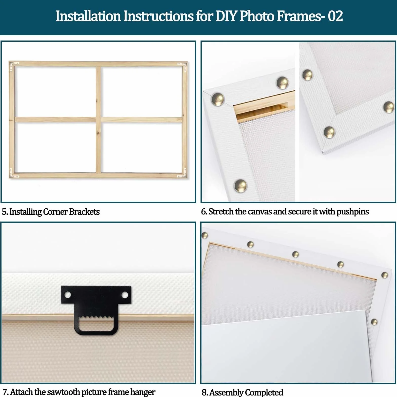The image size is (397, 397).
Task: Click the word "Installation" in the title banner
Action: tap(88, 16)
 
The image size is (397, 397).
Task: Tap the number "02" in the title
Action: tap(335, 16)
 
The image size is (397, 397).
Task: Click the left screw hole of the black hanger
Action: tap(68, 295)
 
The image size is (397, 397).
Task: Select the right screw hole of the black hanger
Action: tap(125, 295)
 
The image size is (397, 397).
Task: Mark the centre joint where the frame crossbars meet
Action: tap(98, 120)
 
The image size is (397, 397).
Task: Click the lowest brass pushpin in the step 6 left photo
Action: tap(240, 185)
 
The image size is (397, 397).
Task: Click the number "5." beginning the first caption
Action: tap(5, 212)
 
